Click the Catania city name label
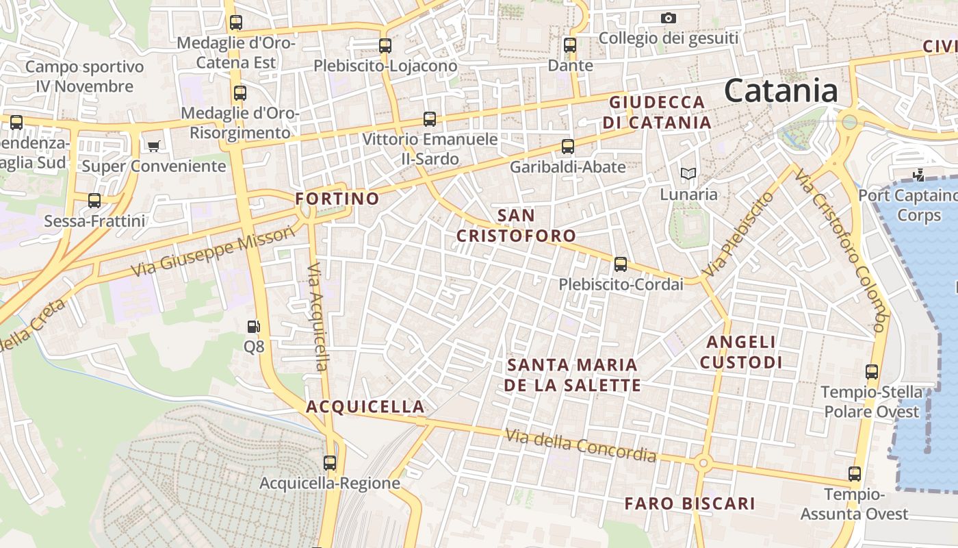point(781,90)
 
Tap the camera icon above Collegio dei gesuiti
point(669,18)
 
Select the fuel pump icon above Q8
point(254,327)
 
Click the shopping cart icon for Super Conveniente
point(153,146)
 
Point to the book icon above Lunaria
point(687,174)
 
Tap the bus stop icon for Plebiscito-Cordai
point(621,264)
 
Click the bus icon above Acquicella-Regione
point(330,462)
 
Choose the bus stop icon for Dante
point(570,45)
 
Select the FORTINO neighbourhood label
point(337,199)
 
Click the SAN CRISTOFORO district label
point(516,226)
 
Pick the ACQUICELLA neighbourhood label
point(365,407)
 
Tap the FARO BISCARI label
point(690,504)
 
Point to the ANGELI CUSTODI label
point(741,352)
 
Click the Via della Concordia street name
point(581,445)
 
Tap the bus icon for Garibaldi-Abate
point(567,146)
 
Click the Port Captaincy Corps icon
point(918,175)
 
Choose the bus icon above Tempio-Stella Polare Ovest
point(871,372)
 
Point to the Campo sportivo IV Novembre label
point(85,77)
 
